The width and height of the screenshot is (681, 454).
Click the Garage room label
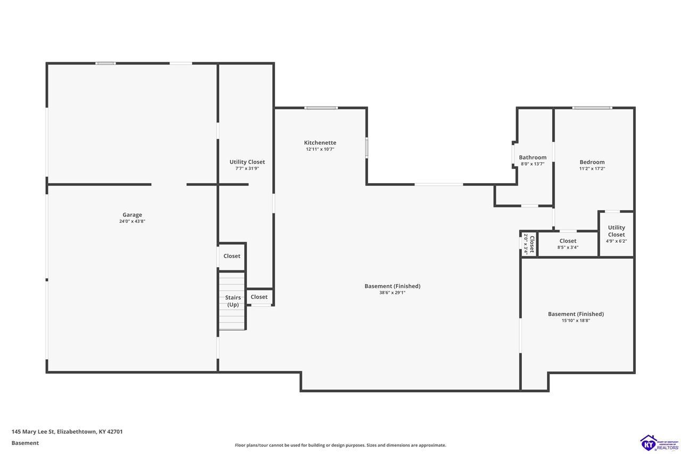[132, 214]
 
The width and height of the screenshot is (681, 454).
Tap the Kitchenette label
[320, 143]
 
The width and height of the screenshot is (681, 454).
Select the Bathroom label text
[533, 157]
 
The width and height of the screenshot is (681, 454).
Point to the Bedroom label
[592, 162]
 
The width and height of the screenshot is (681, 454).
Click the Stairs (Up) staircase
[232, 301]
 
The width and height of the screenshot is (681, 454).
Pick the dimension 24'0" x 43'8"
[132, 221]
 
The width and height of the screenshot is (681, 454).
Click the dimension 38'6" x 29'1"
[392, 293]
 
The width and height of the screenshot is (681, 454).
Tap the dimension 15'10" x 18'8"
[576, 320]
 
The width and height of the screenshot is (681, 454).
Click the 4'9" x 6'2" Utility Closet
[617, 234]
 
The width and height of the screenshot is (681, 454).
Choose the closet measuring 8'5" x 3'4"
[568, 244]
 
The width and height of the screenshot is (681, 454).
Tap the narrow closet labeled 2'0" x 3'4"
[529, 244]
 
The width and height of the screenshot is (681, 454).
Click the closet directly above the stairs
[231, 257]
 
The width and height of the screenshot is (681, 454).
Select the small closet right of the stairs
[259, 297]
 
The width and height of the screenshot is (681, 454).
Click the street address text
[67, 432]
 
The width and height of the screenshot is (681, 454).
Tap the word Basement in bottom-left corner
[25, 443]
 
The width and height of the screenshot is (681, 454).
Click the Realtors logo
[659, 443]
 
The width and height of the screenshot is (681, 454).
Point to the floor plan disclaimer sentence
[340, 445]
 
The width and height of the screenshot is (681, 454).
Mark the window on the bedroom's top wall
[592, 108]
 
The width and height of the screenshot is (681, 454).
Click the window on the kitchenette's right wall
[367, 148]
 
